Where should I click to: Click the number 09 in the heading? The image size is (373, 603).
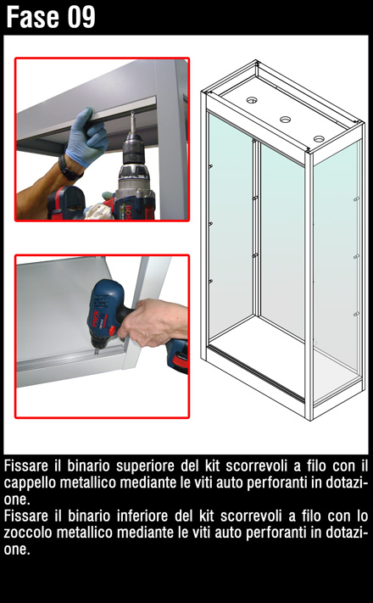[81, 17]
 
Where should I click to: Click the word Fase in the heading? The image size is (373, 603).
[33, 17]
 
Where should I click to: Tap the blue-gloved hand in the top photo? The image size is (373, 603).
[86, 137]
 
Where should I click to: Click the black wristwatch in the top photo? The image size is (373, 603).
[70, 168]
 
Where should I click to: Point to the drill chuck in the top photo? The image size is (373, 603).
[133, 148]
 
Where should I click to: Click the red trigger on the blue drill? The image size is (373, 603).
[112, 331]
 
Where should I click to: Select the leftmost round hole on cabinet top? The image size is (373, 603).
[252, 100]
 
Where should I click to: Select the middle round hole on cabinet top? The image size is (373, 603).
[285, 120]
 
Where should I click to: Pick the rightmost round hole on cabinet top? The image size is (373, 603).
[319, 139]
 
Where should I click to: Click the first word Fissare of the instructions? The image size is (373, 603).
[26, 466]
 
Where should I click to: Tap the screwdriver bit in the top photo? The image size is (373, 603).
[132, 121]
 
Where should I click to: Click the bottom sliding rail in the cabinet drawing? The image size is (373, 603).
[256, 372]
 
